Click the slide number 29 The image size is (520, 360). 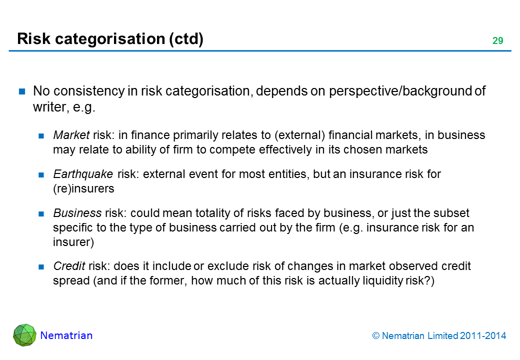coord(497,41)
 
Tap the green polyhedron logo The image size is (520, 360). coord(24,335)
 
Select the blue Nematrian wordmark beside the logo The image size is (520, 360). coord(66,335)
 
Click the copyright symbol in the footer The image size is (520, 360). coord(375,336)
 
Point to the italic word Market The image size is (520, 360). coord(71,135)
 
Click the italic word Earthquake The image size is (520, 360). coord(83,174)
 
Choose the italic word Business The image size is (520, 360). coord(77,213)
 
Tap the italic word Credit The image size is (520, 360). coord(69,266)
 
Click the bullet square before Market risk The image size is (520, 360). coord(41,135)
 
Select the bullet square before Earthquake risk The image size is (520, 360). coord(41,174)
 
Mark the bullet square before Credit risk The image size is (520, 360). coord(41,266)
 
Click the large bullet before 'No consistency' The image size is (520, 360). coord(22,91)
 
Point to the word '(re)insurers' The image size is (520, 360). coord(83,188)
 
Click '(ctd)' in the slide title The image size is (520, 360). coord(186,39)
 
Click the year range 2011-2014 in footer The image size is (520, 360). coord(483,336)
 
